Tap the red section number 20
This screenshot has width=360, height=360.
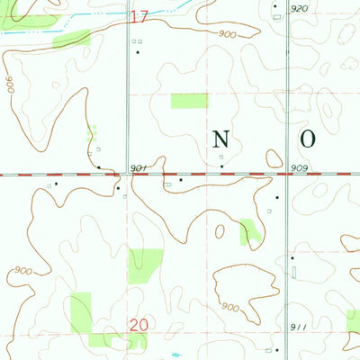point(137,325)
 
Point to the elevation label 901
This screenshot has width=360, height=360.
point(138,168)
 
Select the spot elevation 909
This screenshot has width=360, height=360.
point(300,168)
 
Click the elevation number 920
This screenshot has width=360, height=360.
point(300,8)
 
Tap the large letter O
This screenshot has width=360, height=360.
point(308,139)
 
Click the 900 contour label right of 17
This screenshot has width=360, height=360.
point(226,33)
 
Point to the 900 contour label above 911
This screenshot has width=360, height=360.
point(231,308)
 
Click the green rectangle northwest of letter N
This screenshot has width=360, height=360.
point(189,100)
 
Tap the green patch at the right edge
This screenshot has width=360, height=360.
point(354,319)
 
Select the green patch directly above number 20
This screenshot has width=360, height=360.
point(146,266)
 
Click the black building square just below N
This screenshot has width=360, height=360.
point(222,166)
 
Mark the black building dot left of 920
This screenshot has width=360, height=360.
point(275,7)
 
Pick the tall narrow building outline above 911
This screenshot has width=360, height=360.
point(293,268)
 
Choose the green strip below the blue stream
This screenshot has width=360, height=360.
point(72,38)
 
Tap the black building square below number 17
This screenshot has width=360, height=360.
point(138,52)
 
